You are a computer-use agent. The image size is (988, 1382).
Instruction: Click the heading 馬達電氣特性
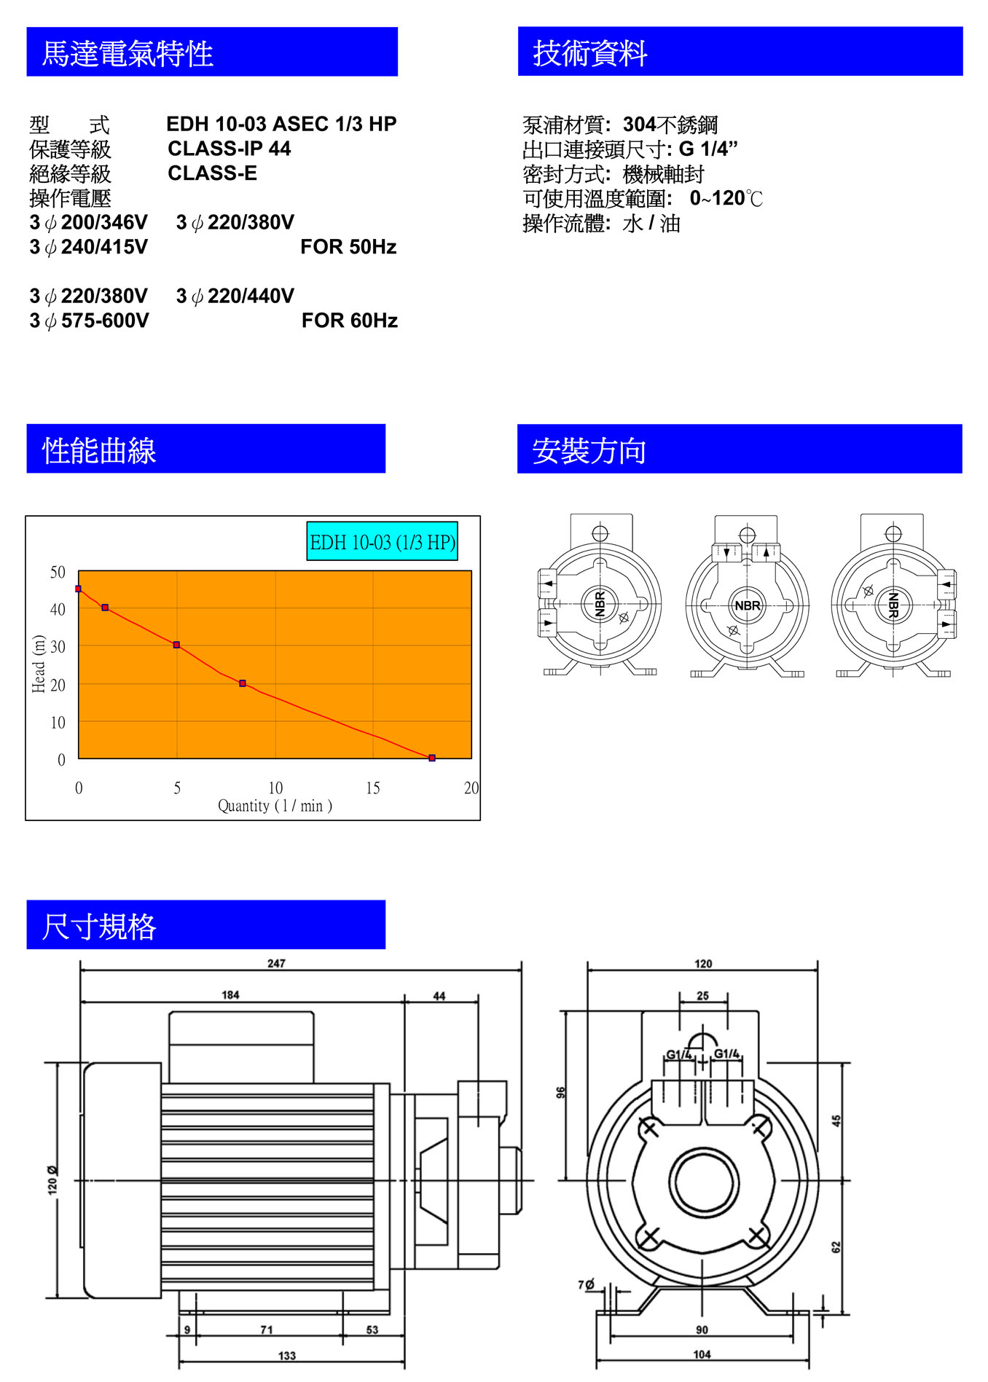tap(128, 53)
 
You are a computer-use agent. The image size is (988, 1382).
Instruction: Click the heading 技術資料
tap(590, 53)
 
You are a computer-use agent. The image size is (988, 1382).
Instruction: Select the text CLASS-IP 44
tap(230, 149)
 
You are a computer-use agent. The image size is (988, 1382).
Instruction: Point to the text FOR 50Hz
tap(348, 247)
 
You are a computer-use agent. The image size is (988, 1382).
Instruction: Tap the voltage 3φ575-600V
tap(89, 321)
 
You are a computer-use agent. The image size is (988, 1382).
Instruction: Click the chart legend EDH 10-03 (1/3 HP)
tap(383, 542)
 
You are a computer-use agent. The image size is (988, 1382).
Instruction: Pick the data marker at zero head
tap(432, 758)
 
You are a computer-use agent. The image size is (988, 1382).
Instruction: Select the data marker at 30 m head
tap(176, 645)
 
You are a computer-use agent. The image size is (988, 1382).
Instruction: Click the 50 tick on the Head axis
tap(58, 572)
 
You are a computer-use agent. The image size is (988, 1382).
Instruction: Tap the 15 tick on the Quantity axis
tap(373, 788)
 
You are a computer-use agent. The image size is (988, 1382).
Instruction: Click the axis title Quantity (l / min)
tap(275, 806)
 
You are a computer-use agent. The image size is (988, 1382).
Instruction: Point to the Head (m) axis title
tap(39, 664)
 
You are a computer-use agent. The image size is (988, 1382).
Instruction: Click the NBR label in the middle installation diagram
tap(748, 605)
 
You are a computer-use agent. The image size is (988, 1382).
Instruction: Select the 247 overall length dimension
tap(276, 963)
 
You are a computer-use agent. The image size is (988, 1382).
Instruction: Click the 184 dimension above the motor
tap(230, 995)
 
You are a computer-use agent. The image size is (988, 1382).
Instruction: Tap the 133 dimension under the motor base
tap(287, 1356)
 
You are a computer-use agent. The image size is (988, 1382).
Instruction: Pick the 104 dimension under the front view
tap(702, 1354)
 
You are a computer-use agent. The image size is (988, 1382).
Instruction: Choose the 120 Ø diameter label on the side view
tap(52, 1180)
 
